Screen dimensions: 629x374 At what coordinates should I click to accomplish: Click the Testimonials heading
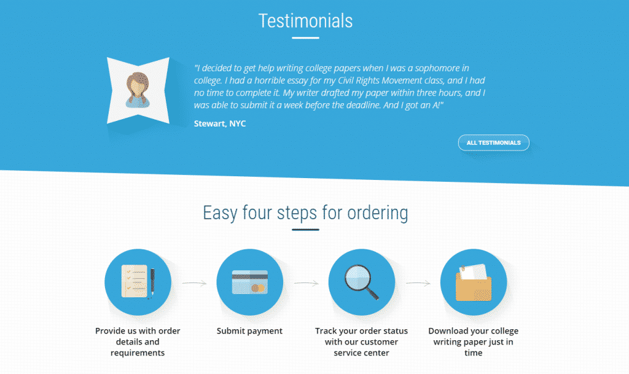tap(305, 21)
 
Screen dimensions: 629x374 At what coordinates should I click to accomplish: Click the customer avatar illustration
tap(138, 90)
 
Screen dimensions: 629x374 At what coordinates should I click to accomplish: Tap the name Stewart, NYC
tap(220, 123)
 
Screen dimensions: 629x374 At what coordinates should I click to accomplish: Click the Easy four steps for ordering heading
tap(305, 212)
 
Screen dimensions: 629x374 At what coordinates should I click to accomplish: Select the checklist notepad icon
tap(138, 282)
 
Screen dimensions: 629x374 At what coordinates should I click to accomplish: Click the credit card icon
tap(250, 282)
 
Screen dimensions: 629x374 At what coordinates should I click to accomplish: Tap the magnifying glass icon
tap(362, 282)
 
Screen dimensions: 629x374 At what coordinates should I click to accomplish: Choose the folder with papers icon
tap(474, 282)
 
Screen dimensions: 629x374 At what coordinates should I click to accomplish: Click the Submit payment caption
tap(249, 331)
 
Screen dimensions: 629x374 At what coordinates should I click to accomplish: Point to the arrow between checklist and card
tap(194, 283)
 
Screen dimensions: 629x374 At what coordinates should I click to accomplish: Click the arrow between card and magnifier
tap(306, 283)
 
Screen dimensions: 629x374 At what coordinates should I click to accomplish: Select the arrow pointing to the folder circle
tap(418, 283)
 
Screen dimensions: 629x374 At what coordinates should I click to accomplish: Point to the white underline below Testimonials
tap(305, 37)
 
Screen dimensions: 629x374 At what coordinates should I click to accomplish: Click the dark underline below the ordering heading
tap(305, 230)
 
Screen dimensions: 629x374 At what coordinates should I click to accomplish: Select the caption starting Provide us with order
tap(138, 341)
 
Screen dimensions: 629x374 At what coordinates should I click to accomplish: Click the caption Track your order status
tap(361, 341)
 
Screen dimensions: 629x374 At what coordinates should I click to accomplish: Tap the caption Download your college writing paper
tap(474, 341)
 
